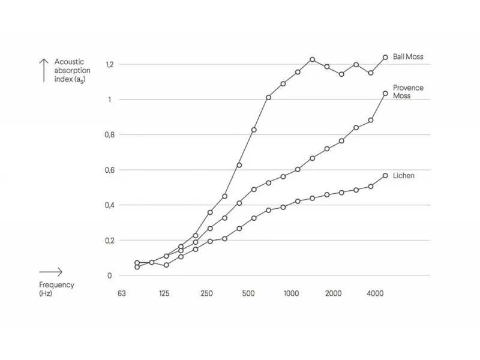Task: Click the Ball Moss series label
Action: [x=407, y=57]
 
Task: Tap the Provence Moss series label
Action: [x=408, y=92]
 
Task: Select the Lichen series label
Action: [x=404, y=176]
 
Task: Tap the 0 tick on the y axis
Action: [x=109, y=276]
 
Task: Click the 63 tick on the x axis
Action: [x=122, y=293]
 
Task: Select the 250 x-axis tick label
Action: [x=206, y=293]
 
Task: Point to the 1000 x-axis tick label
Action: [x=291, y=293]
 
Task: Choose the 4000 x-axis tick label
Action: [x=375, y=293]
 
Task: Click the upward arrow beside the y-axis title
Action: [x=43, y=70]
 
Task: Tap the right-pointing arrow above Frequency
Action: [x=51, y=272]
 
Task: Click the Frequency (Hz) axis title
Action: [x=56, y=289]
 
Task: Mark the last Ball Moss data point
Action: [x=385, y=57]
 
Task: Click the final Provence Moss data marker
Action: [x=385, y=93]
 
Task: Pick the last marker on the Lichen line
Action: [x=385, y=176]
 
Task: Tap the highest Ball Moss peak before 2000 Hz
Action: [x=312, y=59]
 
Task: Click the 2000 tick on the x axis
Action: [x=333, y=293]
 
